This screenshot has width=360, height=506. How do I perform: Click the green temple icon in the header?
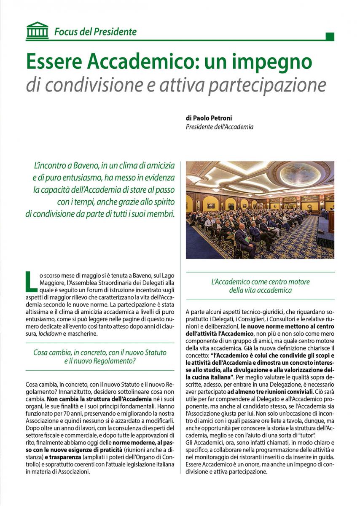point(37,31)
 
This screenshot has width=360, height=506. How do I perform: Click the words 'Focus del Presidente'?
point(95,32)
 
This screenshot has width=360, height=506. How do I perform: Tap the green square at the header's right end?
point(330,37)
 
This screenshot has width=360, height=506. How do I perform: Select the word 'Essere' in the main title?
point(54,62)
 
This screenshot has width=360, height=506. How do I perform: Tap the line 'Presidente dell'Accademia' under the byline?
point(220,126)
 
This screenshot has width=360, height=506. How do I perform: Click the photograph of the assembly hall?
point(260,210)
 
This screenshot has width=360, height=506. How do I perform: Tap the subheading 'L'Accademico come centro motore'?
point(261,282)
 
